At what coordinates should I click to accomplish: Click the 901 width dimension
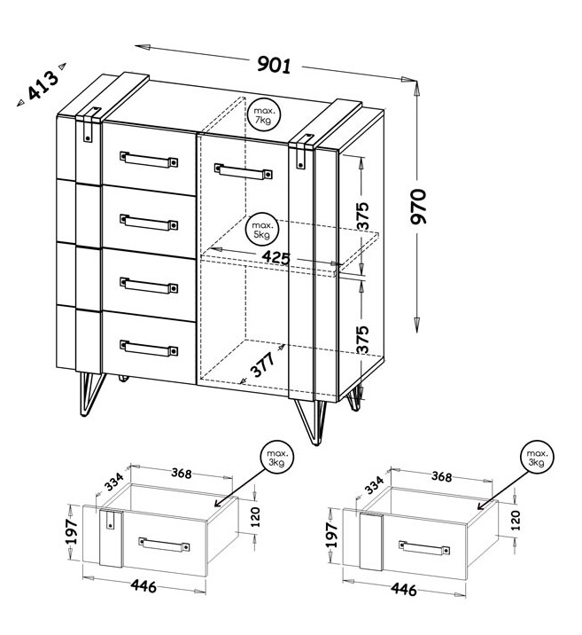coord(275,65)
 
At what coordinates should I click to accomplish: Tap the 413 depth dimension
coord(43,85)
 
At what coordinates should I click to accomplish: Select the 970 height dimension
coord(418,206)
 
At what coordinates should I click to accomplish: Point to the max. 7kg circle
coord(264,115)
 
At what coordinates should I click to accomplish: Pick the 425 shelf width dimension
coord(276,257)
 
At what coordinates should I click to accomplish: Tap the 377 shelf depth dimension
coord(262,365)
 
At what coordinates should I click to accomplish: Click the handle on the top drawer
coord(149,159)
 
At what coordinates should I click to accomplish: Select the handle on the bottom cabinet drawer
coord(149,349)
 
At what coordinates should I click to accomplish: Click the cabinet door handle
coord(243,171)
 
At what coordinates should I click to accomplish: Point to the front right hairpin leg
coord(311,422)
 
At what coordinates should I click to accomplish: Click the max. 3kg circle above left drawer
coord(277,458)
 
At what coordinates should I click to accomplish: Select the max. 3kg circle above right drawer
coord(537,458)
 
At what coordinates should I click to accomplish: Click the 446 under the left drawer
coord(144,586)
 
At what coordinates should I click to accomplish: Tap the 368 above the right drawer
coord(441,476)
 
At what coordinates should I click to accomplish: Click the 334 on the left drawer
coord(115,482)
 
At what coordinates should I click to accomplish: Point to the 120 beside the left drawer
coord(256,517)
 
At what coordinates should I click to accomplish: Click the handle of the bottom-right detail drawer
coord(424,547)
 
